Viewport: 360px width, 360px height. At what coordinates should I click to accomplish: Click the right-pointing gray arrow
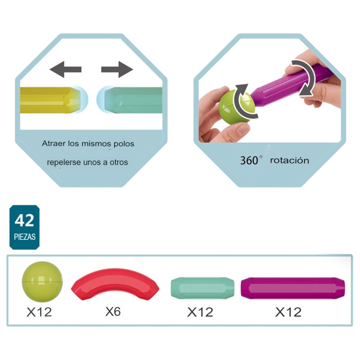pyautogui.click(x=117, y=69)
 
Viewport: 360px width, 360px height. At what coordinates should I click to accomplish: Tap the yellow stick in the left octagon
pyautogui.click(x=47, y=100)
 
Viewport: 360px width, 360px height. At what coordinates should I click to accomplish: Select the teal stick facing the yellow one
pyautogui.click(x=133, y=100)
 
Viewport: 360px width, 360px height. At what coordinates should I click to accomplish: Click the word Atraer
pyautogui.click(x=53, y=144)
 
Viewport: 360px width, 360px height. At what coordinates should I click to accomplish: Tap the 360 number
pyautogui.click(x=249, y=160)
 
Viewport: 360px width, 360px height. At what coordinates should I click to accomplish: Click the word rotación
pyautogui.click(x=289, y=160)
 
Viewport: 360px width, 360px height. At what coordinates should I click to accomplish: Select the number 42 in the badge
pyautogui.click(x=24, y=221)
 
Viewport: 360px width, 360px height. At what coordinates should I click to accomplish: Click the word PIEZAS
pyautogui.click(x=25, y=237)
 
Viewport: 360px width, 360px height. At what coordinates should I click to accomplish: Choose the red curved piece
pyautogui.click(x=115, y=283)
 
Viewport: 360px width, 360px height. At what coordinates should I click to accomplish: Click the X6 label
pyautogui.click(x=113, y=311)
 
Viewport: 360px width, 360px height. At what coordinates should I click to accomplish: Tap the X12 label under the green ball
pyautogui.click(x=39, y=312)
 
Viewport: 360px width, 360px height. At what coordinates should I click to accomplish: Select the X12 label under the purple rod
pyautogui.click(x=288, y=312)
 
